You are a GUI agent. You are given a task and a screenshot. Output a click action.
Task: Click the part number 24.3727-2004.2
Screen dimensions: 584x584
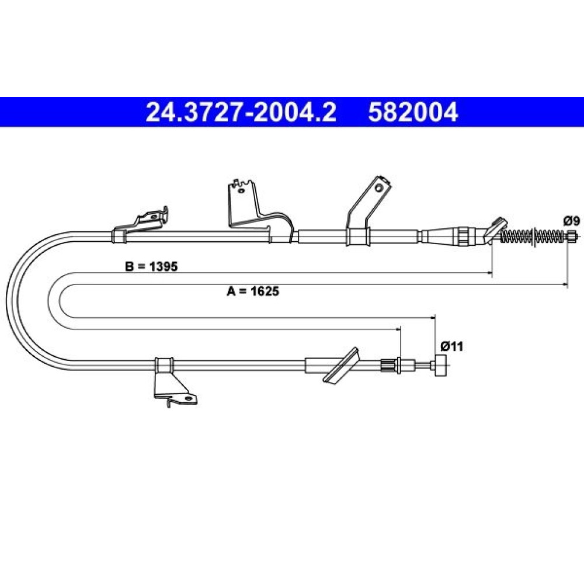241,112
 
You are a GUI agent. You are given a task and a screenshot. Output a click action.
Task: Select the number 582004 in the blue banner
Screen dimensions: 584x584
413,112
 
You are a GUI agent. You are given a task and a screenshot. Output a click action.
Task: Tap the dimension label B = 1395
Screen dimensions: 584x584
152,267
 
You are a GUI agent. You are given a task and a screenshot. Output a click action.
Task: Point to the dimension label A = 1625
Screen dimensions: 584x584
253,291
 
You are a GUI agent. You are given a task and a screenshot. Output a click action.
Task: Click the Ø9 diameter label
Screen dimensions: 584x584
571,221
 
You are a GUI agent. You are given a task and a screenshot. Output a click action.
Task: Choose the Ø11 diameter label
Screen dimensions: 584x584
452,347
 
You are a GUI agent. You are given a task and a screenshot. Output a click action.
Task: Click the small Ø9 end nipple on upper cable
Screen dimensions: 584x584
572,236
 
